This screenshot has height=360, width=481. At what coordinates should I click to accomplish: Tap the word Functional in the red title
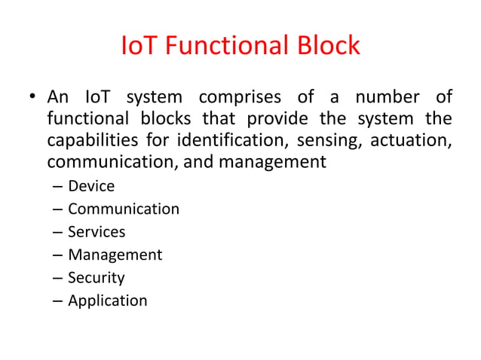pos(224,47)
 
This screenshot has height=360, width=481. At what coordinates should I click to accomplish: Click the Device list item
pos(91,186)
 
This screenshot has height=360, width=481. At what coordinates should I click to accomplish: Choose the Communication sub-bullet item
pos(124,209)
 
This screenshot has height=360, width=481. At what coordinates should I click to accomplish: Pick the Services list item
pos(97,232)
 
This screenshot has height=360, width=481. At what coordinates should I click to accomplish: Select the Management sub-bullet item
pos(115,255)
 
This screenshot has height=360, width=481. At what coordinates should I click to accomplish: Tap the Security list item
pos(97,278)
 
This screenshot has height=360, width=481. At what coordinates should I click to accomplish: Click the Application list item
pos(108,301)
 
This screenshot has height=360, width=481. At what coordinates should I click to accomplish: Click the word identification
pos(232,141)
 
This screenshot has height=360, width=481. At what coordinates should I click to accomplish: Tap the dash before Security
pos(57,278)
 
